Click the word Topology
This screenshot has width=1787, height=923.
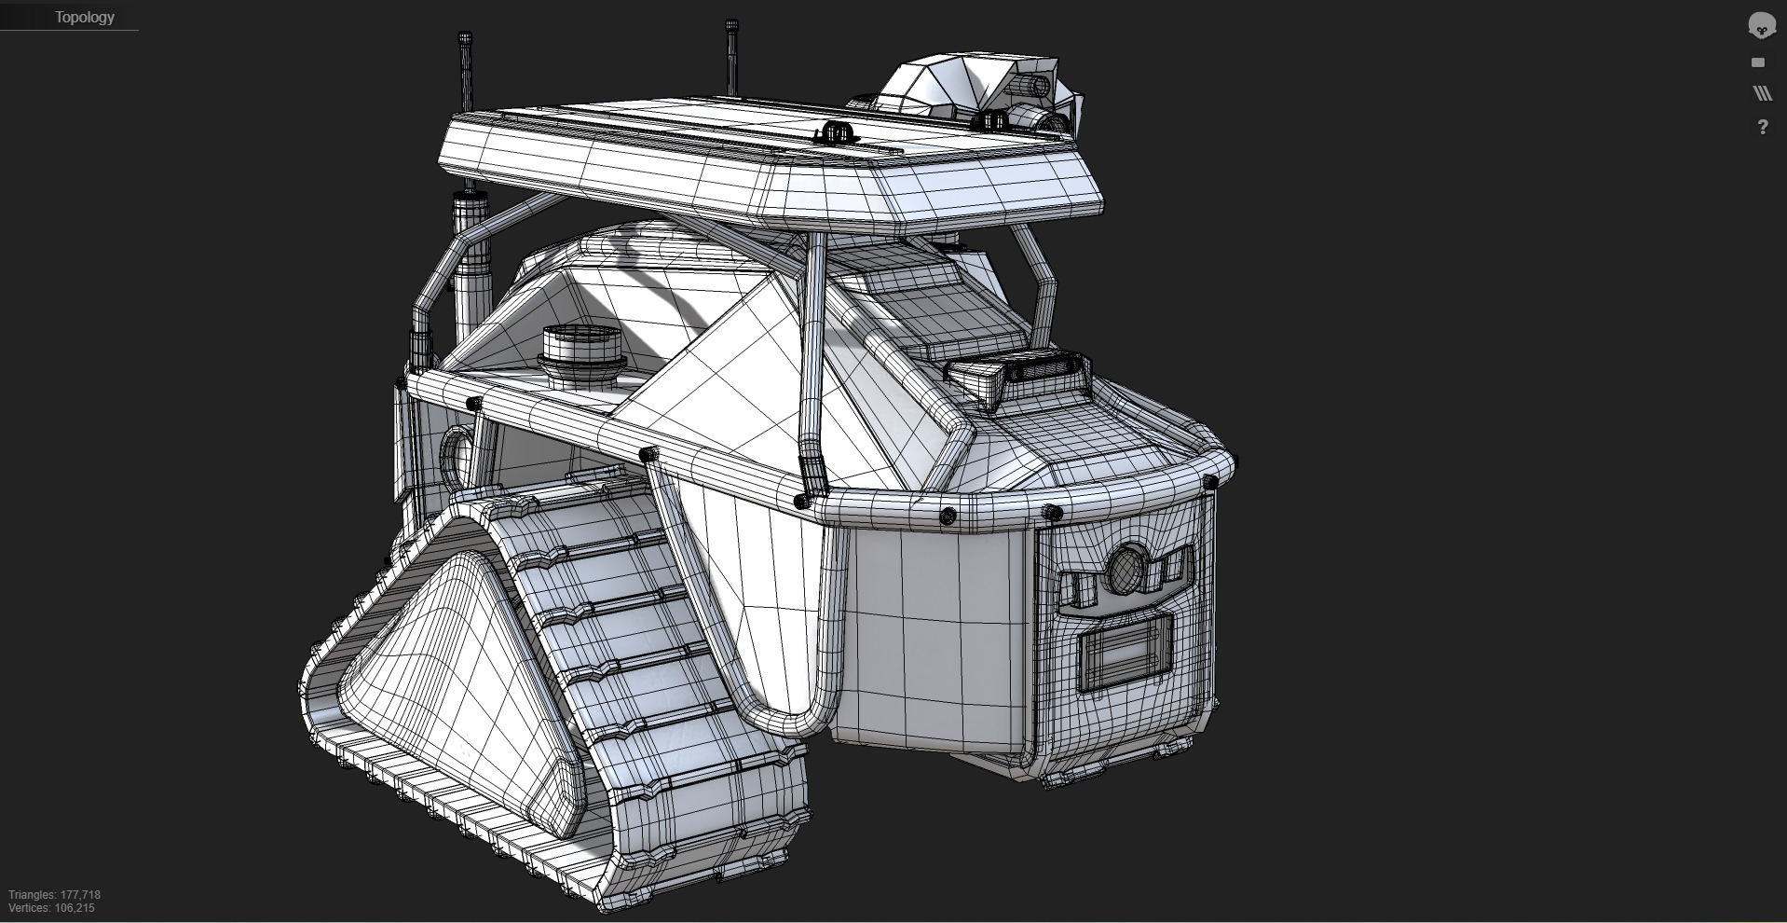(x=84, y=18)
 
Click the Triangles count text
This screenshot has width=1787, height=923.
(x=55, y=895)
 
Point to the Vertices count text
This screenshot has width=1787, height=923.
(x=52, y=908)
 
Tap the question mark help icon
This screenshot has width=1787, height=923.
(x=1762, y=127)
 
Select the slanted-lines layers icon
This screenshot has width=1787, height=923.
(x=1762, y=93)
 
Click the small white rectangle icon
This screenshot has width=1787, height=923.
(x=1758, y=62)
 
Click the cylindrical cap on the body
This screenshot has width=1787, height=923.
(x=581, y=346)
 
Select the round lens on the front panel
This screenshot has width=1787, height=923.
(x=1125, y=568)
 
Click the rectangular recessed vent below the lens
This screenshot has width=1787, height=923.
(x=1123, y=654)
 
